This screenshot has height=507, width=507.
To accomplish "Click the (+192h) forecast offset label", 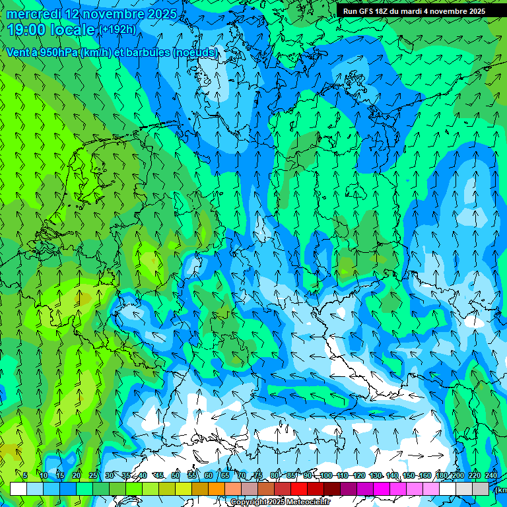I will point(118,30).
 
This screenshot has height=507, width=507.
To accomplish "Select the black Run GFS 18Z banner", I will point(414,11).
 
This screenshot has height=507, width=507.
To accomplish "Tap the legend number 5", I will point(25,475).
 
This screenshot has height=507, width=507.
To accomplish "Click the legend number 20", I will point(77,475).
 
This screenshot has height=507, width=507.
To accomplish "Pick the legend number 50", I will point(176,475).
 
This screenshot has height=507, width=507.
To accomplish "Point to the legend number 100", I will point(326,475).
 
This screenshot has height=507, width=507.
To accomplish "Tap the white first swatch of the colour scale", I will point(18,489).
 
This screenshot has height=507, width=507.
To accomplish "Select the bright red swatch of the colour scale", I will point(298,489).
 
